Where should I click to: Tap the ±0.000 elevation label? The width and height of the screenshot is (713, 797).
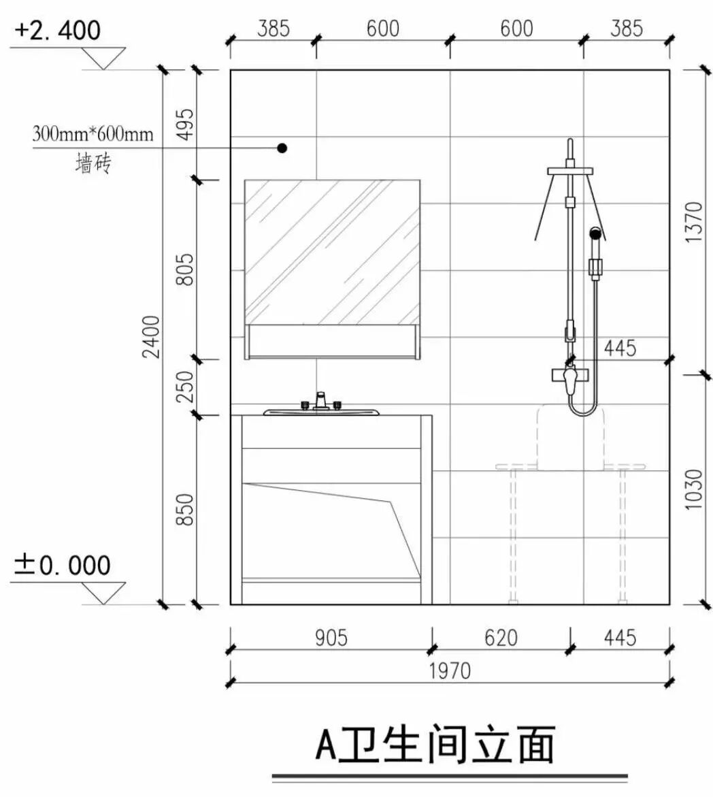point(62,565)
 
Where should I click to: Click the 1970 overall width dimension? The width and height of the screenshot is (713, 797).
point(449,670)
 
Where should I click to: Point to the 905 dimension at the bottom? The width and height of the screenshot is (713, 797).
point(331,638)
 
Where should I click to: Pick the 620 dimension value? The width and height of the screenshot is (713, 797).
point(501,638)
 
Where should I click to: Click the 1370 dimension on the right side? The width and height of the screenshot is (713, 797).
point(693,221)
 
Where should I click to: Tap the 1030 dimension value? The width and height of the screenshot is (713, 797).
point(693,489)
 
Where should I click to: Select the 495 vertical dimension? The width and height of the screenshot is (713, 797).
point(186,123)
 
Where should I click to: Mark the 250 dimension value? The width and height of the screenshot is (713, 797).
point(186,386)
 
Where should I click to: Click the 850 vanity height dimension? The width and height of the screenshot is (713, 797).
point(186,509)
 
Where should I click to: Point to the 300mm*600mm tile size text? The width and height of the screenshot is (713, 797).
point(93,133)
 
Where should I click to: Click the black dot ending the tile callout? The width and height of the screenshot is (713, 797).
point(282,148)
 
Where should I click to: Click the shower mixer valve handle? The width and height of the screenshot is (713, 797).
point(570,376)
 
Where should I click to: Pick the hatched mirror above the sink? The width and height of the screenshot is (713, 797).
point(332,252)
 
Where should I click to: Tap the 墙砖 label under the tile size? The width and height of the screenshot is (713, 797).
point(93,164)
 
